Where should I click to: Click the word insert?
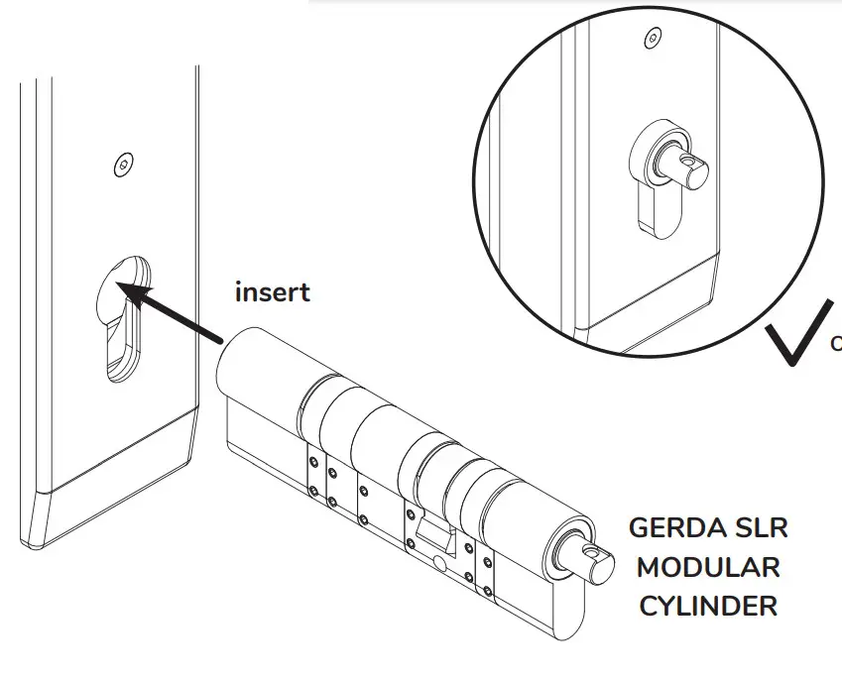click(272, 292)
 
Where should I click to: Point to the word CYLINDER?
click(708, 606)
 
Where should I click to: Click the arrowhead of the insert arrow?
click(130, 290)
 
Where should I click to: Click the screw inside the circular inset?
click(651, 39)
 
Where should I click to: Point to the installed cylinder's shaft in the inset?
click(688, 166)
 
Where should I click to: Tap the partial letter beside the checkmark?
click(836, 343)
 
